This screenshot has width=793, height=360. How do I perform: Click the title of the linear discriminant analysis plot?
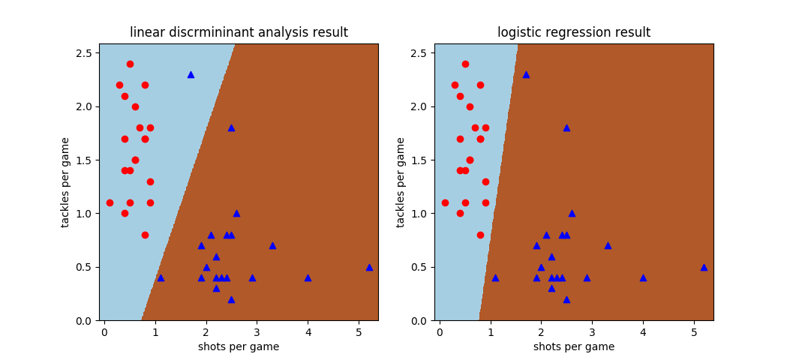click(x=239, y=32)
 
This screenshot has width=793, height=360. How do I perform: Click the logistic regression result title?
click(x=574, y=32)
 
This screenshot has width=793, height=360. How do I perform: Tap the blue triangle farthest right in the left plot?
click(x=369, y=267)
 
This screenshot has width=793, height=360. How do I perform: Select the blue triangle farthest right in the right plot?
click(x=704, y=267)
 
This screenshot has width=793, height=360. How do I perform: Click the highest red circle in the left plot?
click(x=130, y=64)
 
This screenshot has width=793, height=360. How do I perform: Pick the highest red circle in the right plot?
click(x=465, y=64)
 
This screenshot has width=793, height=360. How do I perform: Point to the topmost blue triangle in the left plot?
click(x=191, y=74)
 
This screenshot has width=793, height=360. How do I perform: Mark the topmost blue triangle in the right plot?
click(x=526, y=74)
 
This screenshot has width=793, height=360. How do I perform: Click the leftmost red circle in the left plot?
click(x=110, y=202)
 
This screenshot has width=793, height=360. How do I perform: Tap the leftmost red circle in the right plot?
click(x=445, y=202)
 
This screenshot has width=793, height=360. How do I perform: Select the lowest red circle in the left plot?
click(x=145, y=235)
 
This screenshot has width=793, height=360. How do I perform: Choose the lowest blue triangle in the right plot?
click(x=566, y=299)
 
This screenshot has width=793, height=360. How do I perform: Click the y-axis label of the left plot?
click(x=66, y=182)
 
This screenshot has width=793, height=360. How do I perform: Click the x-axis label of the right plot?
click(x=574, y=346)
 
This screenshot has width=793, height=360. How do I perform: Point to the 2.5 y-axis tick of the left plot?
click(x=83, y=53)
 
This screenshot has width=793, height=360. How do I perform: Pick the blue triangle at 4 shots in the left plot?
click(x=308, y=277)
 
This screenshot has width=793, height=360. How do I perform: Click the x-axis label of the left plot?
click(x=239, y=346)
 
